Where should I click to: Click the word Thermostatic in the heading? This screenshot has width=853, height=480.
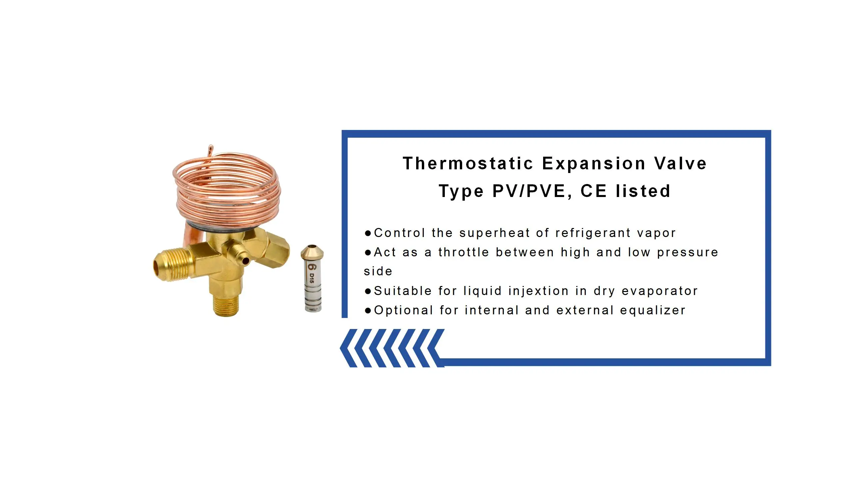point(468,164)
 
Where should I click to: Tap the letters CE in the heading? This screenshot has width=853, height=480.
point(593,191)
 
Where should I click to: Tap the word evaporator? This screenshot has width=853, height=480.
point(659,291)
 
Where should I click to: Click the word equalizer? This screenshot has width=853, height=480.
point(653,311)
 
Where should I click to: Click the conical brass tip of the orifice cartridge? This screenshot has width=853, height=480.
point(312,251)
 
